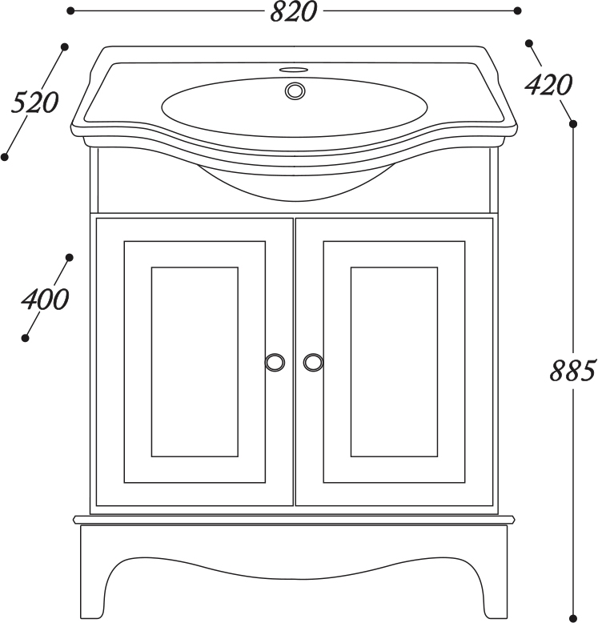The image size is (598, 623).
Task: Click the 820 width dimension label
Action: coord(294,12)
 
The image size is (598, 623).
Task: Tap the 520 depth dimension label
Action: coord(34,102)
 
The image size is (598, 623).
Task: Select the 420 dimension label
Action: coord(548,85)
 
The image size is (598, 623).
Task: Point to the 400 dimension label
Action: coord(45,299)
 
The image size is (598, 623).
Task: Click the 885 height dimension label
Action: coord(573,371)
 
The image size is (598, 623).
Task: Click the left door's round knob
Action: coord(275,362)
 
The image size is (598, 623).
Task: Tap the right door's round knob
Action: coord(313,362)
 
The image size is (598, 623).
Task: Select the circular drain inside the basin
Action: coord(295,90)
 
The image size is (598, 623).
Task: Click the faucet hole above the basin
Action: coord(295,70)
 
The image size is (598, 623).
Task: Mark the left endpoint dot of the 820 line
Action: coord(70,10)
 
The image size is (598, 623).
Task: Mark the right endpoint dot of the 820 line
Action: coord(517,10)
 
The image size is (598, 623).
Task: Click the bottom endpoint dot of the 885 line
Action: coord(573,618)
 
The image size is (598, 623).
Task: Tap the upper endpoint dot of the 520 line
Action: coord(65,47)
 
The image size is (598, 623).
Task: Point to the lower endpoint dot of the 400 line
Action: coord(25,338)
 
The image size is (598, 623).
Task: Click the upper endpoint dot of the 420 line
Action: coord(529,43)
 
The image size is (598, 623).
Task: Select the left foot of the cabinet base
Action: coord(94,588)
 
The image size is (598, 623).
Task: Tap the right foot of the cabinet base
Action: coord(495,588)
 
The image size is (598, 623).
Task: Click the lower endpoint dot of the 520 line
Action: coord(5,157)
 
